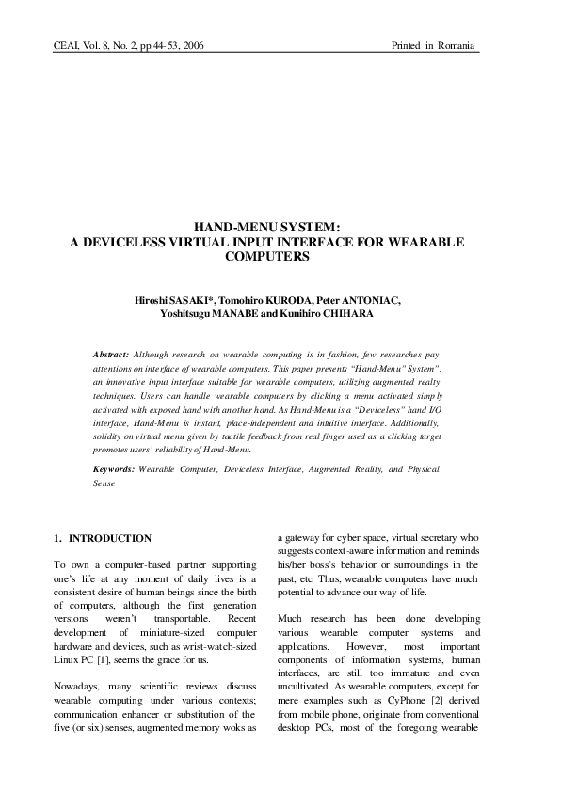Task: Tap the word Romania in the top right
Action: click(456, 45)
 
